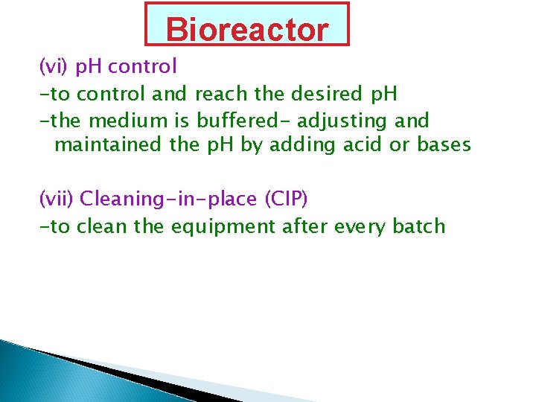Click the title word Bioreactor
[x=246, y=30]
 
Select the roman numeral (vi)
[x=54, y=67]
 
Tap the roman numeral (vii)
[x=57, y=199]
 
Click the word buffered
[x=243, y=120]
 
